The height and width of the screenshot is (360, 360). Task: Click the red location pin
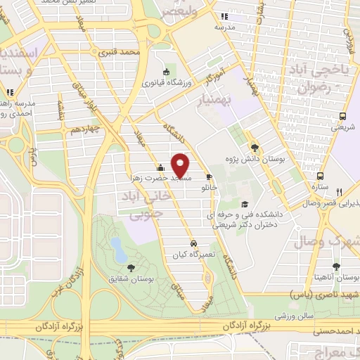(181, 165)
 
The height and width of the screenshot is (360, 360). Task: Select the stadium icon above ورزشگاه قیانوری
(166, 70)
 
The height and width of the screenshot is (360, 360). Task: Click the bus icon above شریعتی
(344, 116)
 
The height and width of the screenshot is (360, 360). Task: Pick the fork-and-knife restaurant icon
(340, 191)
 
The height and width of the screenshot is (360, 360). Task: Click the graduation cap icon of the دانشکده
(244, 205)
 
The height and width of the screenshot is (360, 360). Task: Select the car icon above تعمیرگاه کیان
(184, 244)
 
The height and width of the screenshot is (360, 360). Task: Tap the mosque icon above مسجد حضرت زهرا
(160, 167)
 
